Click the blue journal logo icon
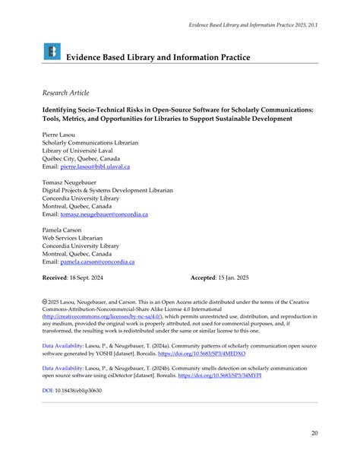point(52,52)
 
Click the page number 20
point(314,434)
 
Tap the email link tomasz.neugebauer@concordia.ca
point(103,214)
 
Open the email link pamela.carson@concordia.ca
point(97,262)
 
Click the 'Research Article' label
point(65,92)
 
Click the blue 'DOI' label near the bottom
point(47,391)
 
